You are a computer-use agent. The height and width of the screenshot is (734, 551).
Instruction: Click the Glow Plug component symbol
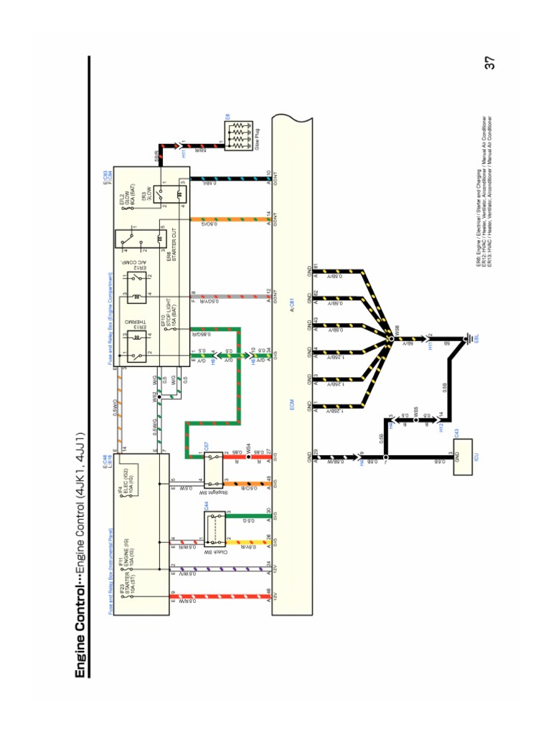pos(236,135)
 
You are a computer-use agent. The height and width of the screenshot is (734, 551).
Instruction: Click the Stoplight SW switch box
pos(213,467)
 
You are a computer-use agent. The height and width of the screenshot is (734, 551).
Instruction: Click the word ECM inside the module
pos(292,406)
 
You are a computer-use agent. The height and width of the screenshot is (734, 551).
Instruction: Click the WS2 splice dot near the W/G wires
pos(159,394)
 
